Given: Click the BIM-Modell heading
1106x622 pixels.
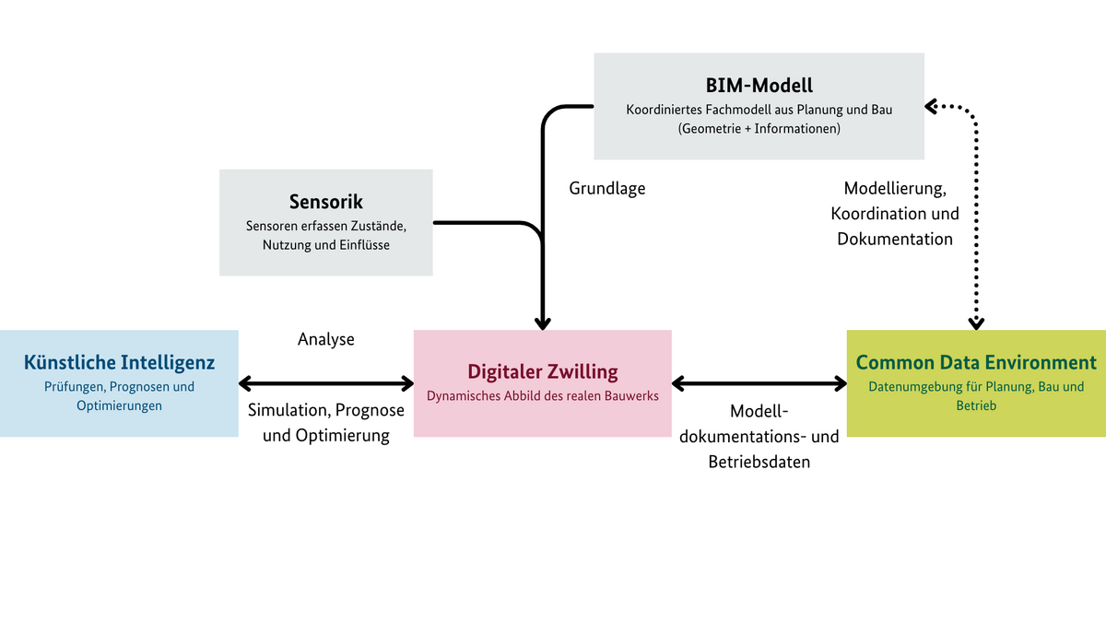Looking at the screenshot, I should [759, 86].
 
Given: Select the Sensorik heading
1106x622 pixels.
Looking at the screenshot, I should [325, 202].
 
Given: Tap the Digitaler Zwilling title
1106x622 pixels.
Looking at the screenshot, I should [542, 372].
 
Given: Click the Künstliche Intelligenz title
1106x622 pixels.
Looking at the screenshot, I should [119, 362].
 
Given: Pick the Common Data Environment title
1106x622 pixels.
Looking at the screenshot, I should [976, 362].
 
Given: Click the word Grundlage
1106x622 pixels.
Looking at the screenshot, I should [607, 189].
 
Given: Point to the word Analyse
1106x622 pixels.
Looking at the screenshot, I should [326, 339].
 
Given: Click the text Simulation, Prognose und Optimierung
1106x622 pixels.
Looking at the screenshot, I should [326, 422].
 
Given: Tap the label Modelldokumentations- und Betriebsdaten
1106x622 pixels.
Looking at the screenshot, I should [759, 436].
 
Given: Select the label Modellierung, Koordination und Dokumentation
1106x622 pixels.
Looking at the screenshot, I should [895, 214].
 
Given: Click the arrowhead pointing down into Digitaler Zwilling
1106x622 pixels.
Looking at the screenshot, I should [543, 323].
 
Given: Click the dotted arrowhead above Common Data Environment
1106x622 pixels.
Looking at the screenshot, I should [976, 323].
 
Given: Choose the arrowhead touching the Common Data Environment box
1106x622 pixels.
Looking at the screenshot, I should [840, 383].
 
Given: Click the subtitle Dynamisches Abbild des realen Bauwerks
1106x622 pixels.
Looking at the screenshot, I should [542, 397].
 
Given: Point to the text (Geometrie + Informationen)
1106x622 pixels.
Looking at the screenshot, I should [759, 129].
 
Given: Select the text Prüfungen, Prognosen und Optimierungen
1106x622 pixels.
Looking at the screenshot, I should [119, 396].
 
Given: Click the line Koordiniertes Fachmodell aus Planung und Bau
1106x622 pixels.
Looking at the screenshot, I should [759, 109].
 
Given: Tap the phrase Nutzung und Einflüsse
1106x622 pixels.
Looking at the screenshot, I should [325, 245].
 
